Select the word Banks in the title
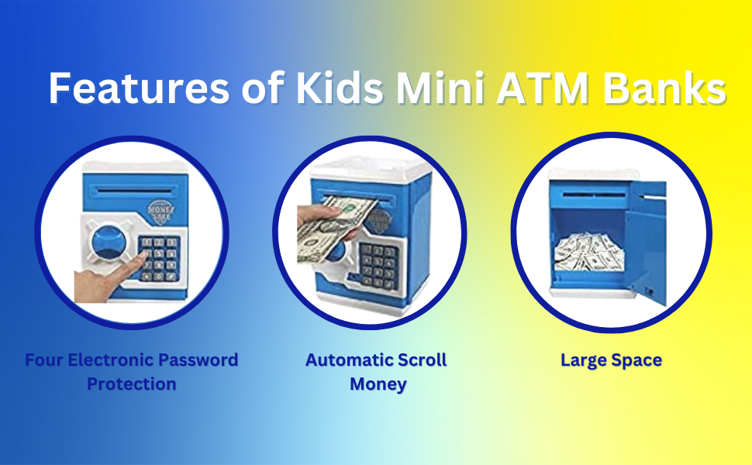tap(664, 89)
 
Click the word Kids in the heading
tap(339, 89)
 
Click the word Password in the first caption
tap(198, 360)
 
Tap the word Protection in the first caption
tap(131, 384)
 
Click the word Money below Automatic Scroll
tap(378, 384)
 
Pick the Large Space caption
tap(611, 360)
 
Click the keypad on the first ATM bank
tap(158, 257)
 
